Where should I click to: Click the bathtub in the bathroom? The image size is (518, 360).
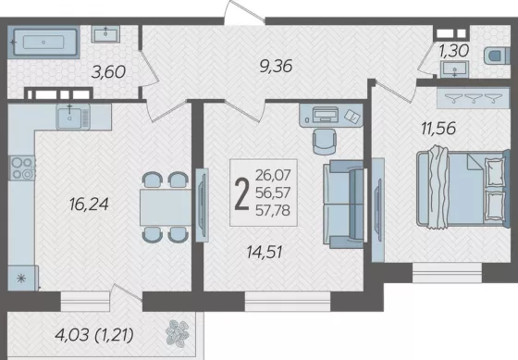(x=43, y=43)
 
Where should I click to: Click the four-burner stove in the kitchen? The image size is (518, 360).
(x=22, y=168)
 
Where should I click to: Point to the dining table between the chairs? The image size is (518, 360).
(x=166, y=207)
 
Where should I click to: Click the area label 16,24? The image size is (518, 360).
(x=89, y=205)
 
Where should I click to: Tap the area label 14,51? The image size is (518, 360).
(x=265, y=253)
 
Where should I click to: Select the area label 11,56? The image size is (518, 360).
(x=438, y=129)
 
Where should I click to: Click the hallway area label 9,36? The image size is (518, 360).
(x=276, y=67)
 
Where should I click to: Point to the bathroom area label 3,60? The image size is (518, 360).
(x=109, y=72)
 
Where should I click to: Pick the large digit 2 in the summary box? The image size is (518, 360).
(x=241, y=193)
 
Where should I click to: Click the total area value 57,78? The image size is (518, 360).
(x=273, y=210)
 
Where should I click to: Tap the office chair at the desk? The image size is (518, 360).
(x=324, y=142)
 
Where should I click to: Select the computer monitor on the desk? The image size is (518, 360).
(x=326, y=115)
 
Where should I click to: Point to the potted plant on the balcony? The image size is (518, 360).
(x=178, y=333)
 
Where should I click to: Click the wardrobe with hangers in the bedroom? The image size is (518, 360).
(x=473, y=98)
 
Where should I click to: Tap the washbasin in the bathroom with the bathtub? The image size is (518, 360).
(x=105, y=34)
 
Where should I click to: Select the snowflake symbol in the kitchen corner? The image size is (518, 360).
(x=21, y=279)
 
